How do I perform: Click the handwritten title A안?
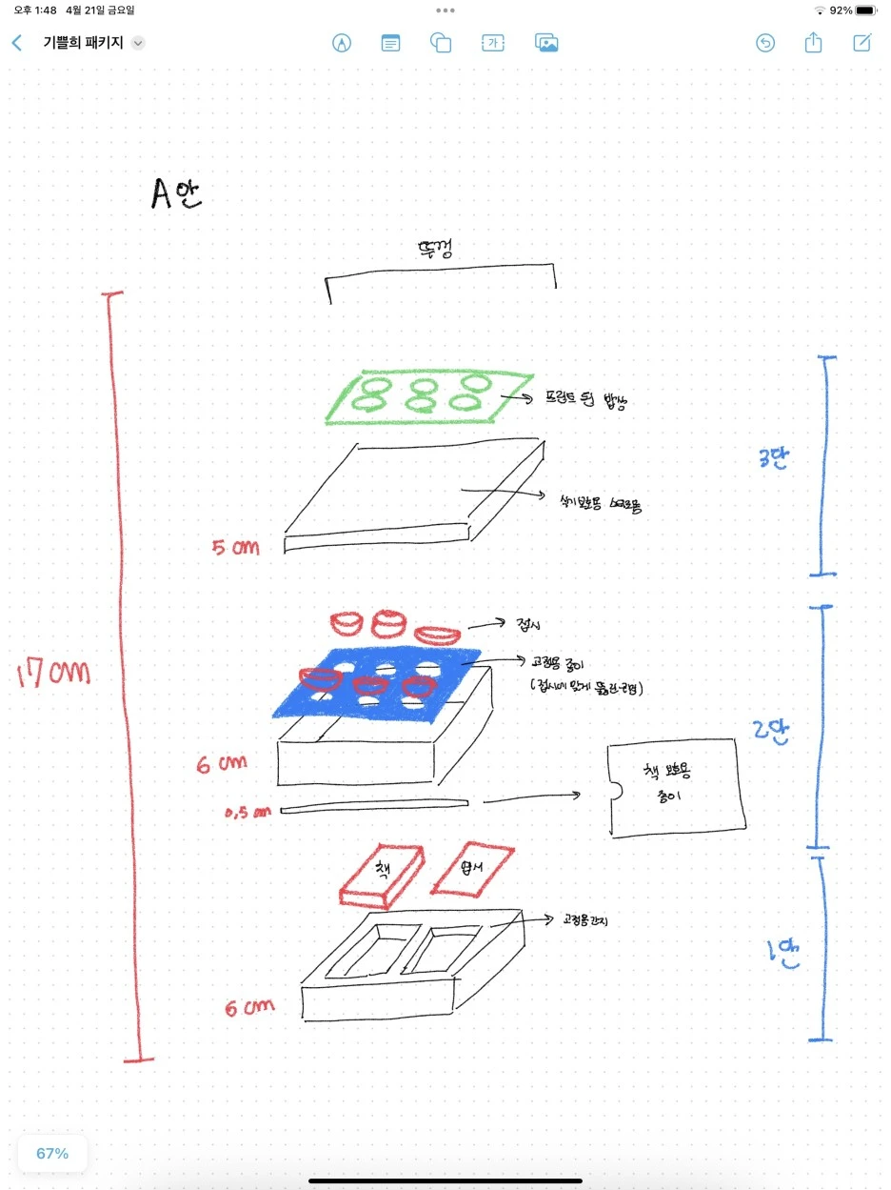[x=176, y=192]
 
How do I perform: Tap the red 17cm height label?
[x=53, y=675]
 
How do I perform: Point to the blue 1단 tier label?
[x=782, y=954]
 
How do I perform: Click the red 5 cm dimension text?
[x=235, y=548]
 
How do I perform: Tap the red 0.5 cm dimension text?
[x=247, y=812]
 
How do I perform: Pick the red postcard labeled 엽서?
[x=472, y=868]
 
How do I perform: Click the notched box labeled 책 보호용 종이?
[x=676, y=788]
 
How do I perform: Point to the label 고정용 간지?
[x=585, y=921]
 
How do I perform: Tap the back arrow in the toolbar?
[x=16, y=43]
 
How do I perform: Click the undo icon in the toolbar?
[x=765, y=43]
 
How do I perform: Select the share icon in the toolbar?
[x=813, y=43]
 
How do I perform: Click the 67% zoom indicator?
[x=52, y=1153]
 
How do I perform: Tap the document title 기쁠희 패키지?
[x=83, y=43]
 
